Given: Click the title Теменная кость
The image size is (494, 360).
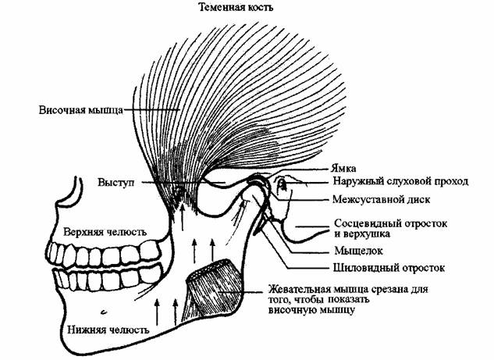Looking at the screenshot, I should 243,9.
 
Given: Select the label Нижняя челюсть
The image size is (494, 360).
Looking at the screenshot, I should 98,319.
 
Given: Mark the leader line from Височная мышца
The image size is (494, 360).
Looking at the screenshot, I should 148,110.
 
